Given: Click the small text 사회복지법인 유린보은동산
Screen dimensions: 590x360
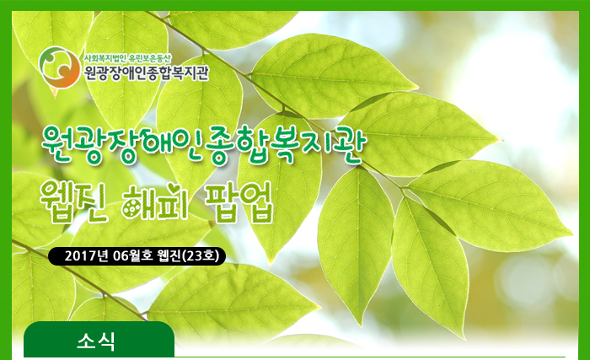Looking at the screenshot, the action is (127, 58).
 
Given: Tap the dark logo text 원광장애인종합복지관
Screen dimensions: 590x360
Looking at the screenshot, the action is (146, 73).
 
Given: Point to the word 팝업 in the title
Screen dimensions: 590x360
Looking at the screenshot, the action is (239, 202).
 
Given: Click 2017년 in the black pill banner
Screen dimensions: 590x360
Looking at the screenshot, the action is (88, 256).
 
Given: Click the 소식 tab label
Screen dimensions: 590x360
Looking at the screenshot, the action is (96, 341).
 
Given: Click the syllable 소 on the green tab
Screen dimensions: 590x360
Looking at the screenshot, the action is (86, 341).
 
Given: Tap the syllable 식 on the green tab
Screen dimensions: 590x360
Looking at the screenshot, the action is (107, 341).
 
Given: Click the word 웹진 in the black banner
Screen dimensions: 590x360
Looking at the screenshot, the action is (169, 256).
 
